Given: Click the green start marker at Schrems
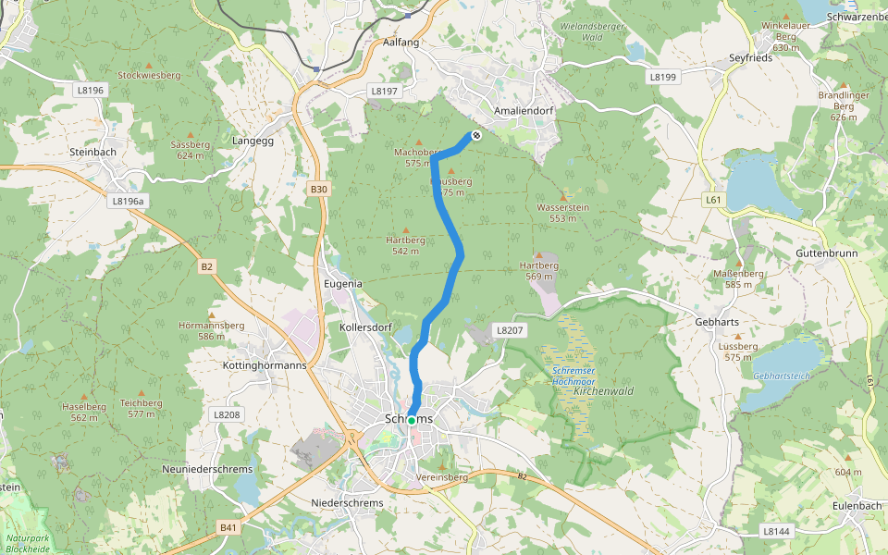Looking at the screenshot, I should click(x=411, y=420).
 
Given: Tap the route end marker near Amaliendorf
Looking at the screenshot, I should click(x=476, y=136).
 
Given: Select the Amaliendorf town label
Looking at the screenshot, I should click(x=524, y=111).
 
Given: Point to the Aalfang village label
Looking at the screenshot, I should click(x=401, y=43).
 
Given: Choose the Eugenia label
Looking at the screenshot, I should click(x=343, y=283).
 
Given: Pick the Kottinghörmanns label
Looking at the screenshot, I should click(x=265, y=365).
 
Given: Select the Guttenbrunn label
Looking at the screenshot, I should click(x=826, y=253).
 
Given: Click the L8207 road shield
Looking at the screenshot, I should click(x=509, y=329).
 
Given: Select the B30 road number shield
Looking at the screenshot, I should click(x=319, y=190).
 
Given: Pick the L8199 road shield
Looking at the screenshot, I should click(x=662, y=77).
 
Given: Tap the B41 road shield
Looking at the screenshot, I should click(x=228, y=527).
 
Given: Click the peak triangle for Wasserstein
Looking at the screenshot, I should click(x=562, y=197).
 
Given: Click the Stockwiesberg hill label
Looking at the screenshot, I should click(x=149, y=75).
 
